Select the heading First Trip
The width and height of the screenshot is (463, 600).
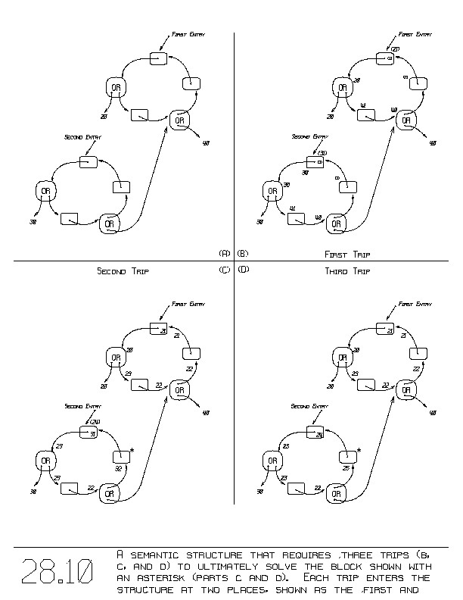coord(346,255)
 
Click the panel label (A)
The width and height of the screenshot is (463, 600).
coord(224,253)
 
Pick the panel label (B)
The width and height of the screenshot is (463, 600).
coord(243,253)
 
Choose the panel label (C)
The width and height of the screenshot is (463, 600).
coord(224,270)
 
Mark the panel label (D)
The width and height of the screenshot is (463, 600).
coord(243,270)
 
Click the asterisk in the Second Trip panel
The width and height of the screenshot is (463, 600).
coord(132,452)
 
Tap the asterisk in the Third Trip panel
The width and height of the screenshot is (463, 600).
coord(359,452)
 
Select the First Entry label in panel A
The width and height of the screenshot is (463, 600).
coord(188,34)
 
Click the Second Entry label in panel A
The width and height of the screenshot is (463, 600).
coord(83,137)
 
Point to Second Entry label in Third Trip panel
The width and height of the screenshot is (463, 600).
coord(309,407)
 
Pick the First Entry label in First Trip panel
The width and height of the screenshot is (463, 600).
coord(415,34)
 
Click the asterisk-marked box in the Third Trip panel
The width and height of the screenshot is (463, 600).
coord(347,457)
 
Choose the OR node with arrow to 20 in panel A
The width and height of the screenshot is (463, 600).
coord(116,88)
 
